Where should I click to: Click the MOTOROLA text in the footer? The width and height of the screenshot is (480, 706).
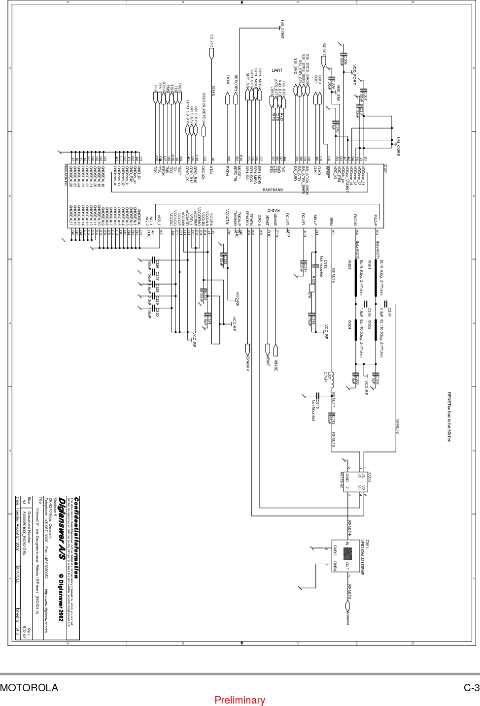(29, 688)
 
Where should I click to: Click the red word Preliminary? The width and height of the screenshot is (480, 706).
(240, 700)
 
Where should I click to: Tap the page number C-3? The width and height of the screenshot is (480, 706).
(471, 688)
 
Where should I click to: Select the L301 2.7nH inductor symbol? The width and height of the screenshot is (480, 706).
(332, 379)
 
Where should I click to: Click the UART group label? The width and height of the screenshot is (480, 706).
(277, 70)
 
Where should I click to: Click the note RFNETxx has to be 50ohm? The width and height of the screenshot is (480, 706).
(449, 417)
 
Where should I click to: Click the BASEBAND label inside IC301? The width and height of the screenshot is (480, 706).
(273, 190)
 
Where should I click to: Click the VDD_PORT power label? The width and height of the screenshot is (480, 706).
(354, 74)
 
